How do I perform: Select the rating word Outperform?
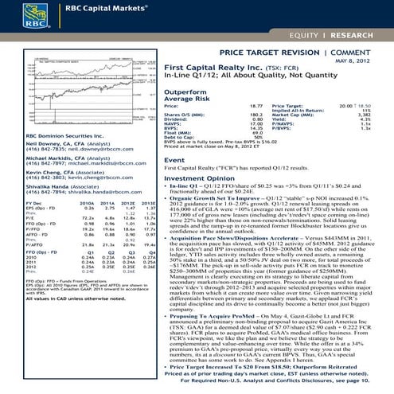[x=185, y=92]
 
